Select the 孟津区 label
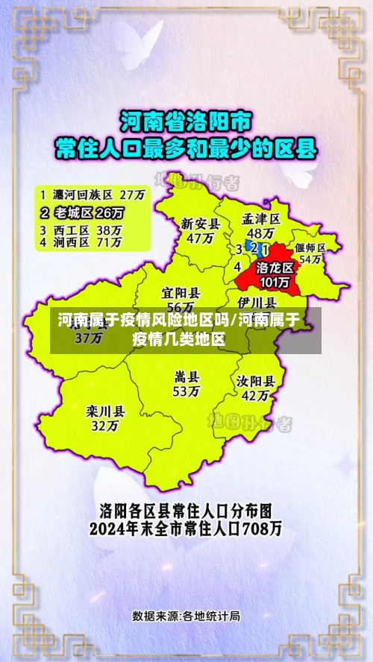pyautogui.click(x=261, y=219)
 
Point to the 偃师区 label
pyautogui.click(x=310, y=248)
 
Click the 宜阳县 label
pyautogui.click(x=181, y=293)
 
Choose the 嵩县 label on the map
pyautogui.click(x=186, y=376)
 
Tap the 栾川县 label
pyautogui.click(x=105, y=411)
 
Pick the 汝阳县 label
pyautogui.click(x=256, y=380)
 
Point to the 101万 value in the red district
pyautogui.click(x=274, y=282)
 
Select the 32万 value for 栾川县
pyautogui.click(x=104, y=426)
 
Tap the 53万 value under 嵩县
pyautogui.click(x=186, y=391)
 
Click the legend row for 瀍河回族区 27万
pyautogui.click(x=93, y=194)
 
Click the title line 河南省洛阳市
pyautogui.click(x=186, y=120)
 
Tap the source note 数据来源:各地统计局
pyautogui.click(x=186, y=616)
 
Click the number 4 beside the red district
pyautogui.click(x=237, y=267)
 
